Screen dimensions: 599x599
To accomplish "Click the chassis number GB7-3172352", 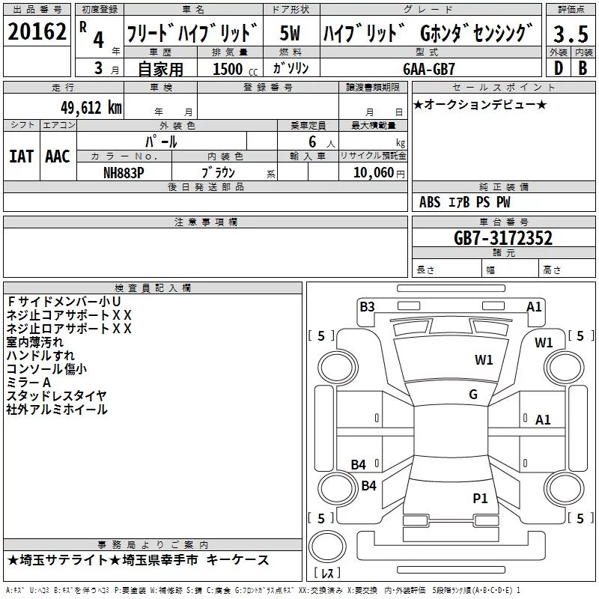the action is point(503,239).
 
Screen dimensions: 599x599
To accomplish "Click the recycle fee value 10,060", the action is point(370,172).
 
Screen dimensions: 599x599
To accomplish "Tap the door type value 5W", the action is point(291,33).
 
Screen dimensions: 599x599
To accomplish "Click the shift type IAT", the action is point(21,156).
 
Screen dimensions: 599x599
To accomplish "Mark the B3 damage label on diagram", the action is point(367,306).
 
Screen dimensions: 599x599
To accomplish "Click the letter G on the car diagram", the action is point(472,395).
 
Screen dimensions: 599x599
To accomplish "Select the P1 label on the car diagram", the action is point(480,498).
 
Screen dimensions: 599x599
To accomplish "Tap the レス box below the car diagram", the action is point(326,573).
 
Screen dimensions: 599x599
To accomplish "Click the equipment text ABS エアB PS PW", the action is point(465,202).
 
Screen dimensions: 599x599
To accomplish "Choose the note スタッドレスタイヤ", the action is point(56,395).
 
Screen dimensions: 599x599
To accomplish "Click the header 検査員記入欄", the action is point(153,288).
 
